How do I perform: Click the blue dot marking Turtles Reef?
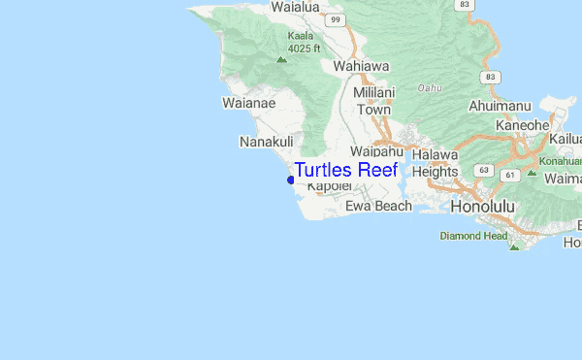tap(291, 180)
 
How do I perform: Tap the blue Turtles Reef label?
tap(345, 170)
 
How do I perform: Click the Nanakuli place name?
tap(266, 142)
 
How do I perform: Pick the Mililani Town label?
tap(372, 101)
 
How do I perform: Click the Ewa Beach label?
tap(378, 206)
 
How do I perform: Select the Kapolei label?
tap(327, 186)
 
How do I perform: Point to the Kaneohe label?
tap(523, 125)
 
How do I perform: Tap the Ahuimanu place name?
tap(496, 105)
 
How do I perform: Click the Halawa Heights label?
tap(434, 163)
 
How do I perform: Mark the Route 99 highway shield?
tap(335, 18)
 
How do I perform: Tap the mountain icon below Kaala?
tap(281, 59)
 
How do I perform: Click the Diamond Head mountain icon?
tap(514, 245)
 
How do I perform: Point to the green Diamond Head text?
tap(473, 236)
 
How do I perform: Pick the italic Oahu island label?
tap(429, 87)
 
